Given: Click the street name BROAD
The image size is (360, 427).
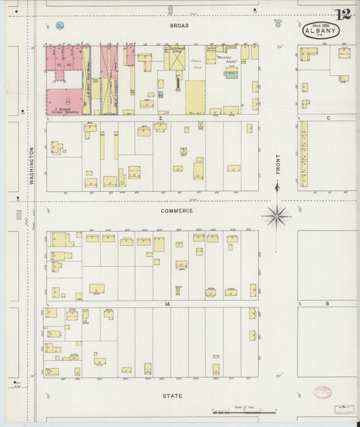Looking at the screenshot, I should tap(179, 26).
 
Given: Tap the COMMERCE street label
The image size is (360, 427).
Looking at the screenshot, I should tap(176, 211).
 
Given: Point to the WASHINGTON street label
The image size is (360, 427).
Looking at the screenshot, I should tap(31, 166).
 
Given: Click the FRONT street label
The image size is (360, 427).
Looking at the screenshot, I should tap(278, 164).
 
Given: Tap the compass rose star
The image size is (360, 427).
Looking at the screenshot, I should tap(276, 216).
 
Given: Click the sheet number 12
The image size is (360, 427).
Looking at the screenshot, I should tap(342, 14).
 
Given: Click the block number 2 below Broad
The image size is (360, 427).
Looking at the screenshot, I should tap(161, 118).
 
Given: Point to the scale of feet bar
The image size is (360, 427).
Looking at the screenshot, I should tap(243, 410).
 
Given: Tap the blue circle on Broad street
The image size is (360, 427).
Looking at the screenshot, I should tap(60, 26).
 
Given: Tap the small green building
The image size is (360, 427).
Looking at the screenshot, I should tap(231, 74).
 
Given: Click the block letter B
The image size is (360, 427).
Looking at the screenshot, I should tap(327, 304).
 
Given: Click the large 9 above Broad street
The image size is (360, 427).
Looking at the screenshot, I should tap(170, 9).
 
